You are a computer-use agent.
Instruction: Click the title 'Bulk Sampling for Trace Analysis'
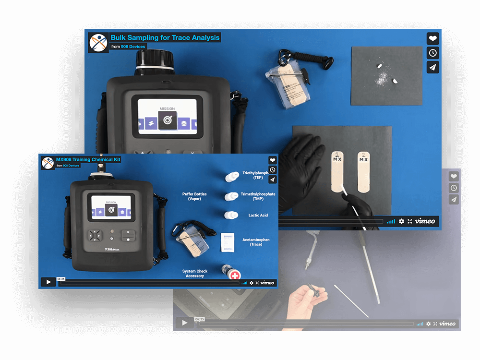165,37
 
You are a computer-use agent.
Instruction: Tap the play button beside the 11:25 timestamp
48,282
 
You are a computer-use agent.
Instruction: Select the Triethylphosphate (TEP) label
258,175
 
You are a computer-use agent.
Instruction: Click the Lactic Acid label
258,215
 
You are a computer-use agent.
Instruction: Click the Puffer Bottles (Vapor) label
194,196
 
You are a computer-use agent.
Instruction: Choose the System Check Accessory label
195,274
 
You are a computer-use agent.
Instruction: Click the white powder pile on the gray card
384,77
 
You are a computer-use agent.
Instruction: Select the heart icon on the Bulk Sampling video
432,39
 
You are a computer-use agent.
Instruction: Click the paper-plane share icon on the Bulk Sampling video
432,67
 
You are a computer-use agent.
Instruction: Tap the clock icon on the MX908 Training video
272,170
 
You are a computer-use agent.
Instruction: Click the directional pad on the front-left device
95,235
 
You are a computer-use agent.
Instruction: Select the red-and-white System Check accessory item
234,275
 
